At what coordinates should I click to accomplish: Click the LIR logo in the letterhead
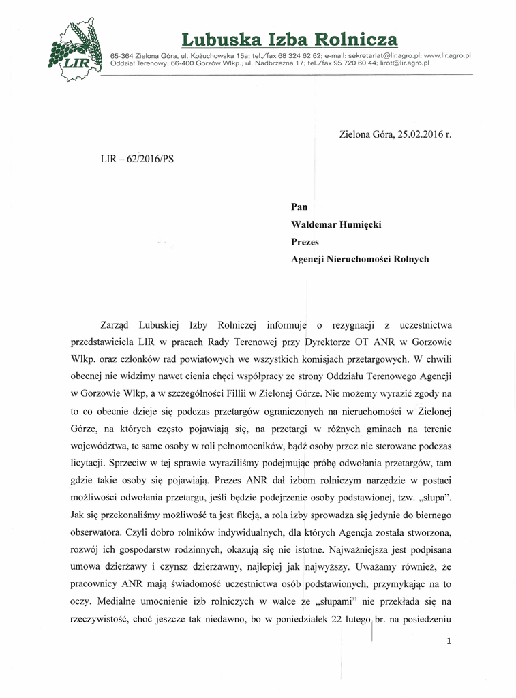tap(74, 51)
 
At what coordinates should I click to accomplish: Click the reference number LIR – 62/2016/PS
tap(137, 158)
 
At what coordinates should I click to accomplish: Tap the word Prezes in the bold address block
tap(305, 241)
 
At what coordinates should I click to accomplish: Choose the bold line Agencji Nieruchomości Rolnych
tap(360, 259)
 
